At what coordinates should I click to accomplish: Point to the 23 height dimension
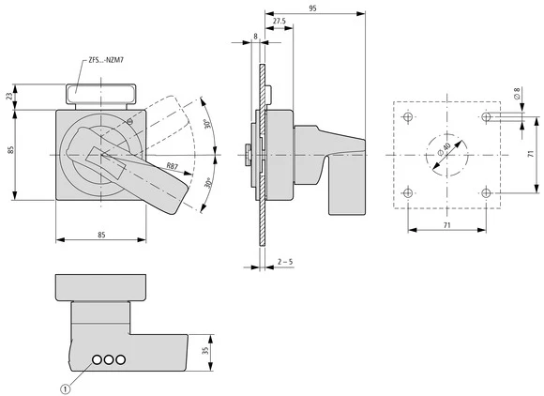tap(9, 97)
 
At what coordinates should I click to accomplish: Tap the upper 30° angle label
tap(205, 127)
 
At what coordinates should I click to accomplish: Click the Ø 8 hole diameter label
tap(515, 95)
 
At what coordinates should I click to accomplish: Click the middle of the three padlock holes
tap(108, 359)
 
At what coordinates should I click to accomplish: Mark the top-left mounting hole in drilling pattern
tap(406, 116)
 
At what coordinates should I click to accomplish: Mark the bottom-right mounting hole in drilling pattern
tap(485, 192)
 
